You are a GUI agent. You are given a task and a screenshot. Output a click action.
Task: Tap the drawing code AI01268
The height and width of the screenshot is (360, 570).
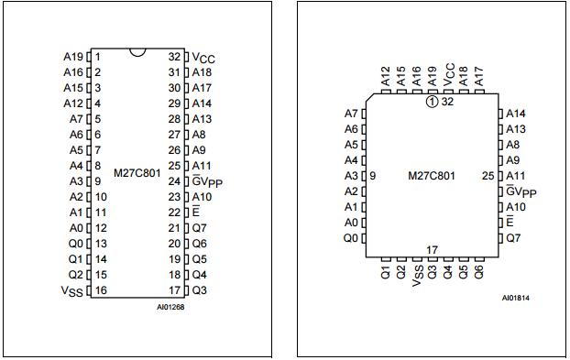pyautogui.click(x=170, y=306)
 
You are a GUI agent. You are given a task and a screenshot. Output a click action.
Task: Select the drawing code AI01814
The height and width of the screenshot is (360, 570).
pyautogui.click(x=515, y=298)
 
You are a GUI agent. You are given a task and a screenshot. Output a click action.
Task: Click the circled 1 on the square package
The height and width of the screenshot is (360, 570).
pyautogui.click(x=432, y=102)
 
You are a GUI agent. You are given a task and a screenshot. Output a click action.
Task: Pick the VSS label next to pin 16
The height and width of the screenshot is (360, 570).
pyautogui.click(x=71, y=290)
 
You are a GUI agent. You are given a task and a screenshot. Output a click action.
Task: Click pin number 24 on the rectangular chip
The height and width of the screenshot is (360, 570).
pyautogui.click(x=174, y=181)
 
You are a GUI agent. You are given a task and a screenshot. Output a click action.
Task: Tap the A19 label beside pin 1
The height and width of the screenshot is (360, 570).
pyautogui.click(x=73, y=57)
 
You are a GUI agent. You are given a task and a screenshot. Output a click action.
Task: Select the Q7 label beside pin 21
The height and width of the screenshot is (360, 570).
pyautogui.click(x=200, y=228)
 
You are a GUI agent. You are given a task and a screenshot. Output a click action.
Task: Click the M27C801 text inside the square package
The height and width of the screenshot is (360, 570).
pyautogui.click(x=432, y=176)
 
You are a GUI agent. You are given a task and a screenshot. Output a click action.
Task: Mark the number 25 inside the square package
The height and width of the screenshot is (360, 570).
pyautogui.click(x=488, y=176)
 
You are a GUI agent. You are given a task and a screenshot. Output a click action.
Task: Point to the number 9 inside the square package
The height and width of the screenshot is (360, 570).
pyautogui.click(x=374, y=176)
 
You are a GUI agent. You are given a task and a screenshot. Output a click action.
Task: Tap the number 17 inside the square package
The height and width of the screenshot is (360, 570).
pyautogui.click(x=432, y=249)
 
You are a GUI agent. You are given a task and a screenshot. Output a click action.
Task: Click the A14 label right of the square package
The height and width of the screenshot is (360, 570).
pyautogui.click(x=516, y=114)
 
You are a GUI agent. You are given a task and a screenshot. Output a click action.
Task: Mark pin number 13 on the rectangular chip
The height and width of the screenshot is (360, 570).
pyautogui.click(x=100, y=244)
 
